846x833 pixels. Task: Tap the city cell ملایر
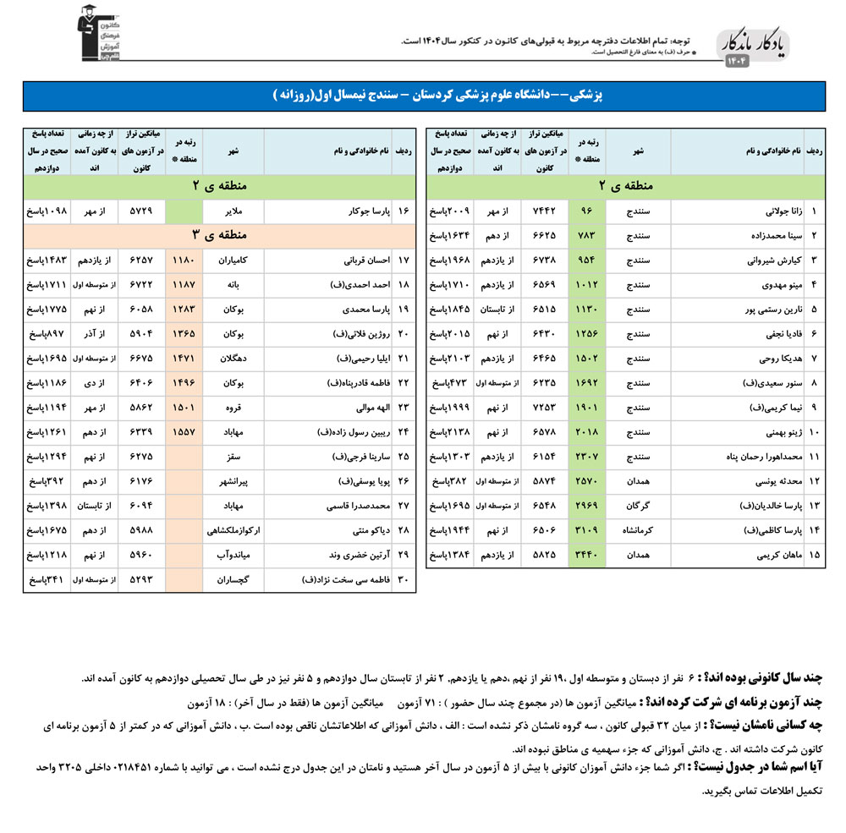pos(233,211)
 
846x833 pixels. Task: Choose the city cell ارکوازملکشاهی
pos(233,531)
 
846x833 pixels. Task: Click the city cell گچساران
pos(233,580)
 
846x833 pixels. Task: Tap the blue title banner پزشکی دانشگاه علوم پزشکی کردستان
pos(422,96)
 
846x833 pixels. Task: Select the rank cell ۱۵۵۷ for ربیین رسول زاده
pos(184,433)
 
